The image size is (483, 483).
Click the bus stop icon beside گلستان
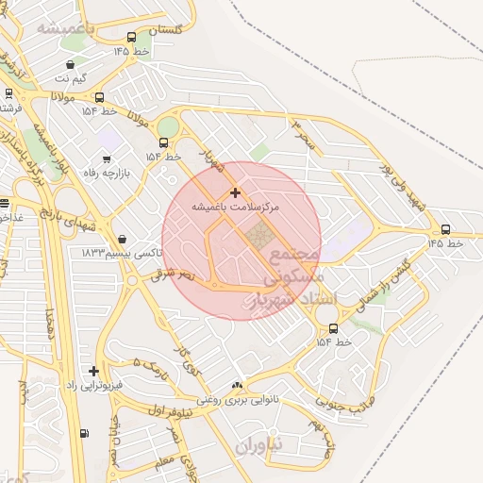coord(130,38)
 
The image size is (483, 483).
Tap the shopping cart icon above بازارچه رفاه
coord(105,159)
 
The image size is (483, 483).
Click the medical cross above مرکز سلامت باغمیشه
coord(234,192)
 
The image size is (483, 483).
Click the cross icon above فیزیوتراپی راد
coord(92,371)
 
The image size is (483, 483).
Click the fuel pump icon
coord(85,433)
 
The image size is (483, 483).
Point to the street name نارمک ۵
coord(150,362)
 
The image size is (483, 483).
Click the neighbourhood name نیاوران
coord(260,443)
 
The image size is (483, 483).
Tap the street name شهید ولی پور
coord(403,186)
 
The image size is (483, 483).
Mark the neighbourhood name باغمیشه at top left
coord(63,29)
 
